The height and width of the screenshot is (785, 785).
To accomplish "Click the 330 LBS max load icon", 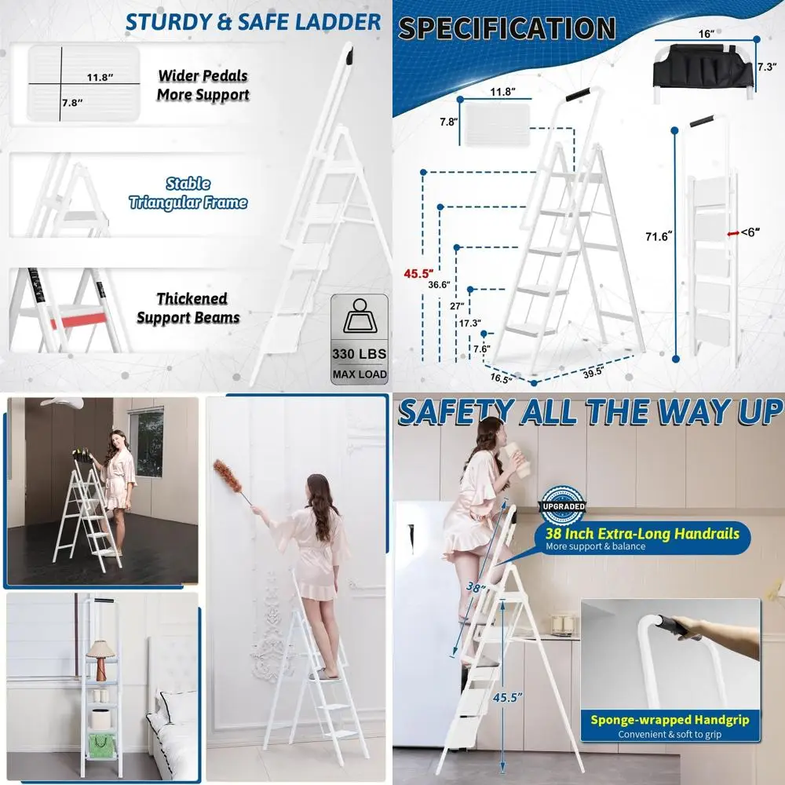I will click(x=360, y=339).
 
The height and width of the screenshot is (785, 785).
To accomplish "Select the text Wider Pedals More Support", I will click(x=203, y=86).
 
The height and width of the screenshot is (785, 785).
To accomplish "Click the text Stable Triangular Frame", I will click(x=188, y=194).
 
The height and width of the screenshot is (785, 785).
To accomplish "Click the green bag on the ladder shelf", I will click(x=101, y=746).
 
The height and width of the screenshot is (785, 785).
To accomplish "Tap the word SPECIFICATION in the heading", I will click(x=506, y=29).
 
